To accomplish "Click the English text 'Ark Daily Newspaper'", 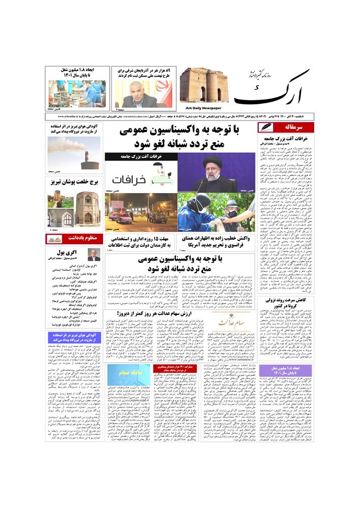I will tap(200, 108).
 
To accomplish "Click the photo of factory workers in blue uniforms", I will tap(77, 92).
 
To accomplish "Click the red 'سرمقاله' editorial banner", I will tap(286, 127).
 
